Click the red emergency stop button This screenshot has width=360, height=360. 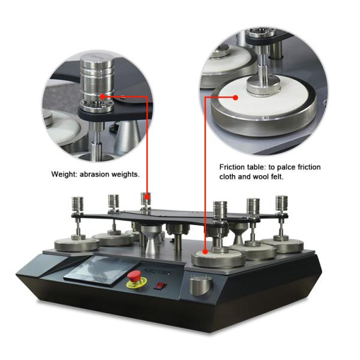[134, 276]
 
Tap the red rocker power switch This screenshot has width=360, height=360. [160, 286]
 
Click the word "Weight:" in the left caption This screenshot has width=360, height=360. [64, 175]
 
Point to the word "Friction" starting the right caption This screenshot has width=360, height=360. [232, 167]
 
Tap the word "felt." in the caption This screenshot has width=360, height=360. [276, 176]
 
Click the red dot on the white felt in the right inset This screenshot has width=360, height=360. [235, 98]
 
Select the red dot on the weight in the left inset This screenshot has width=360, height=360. [103, 97]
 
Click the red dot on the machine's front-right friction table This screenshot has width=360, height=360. [205, 252]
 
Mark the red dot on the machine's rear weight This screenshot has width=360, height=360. [147, 197]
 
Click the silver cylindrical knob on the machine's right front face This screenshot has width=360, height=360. [200, 286]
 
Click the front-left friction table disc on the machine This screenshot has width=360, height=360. [77, 245]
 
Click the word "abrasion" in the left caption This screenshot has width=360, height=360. [94, 175]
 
